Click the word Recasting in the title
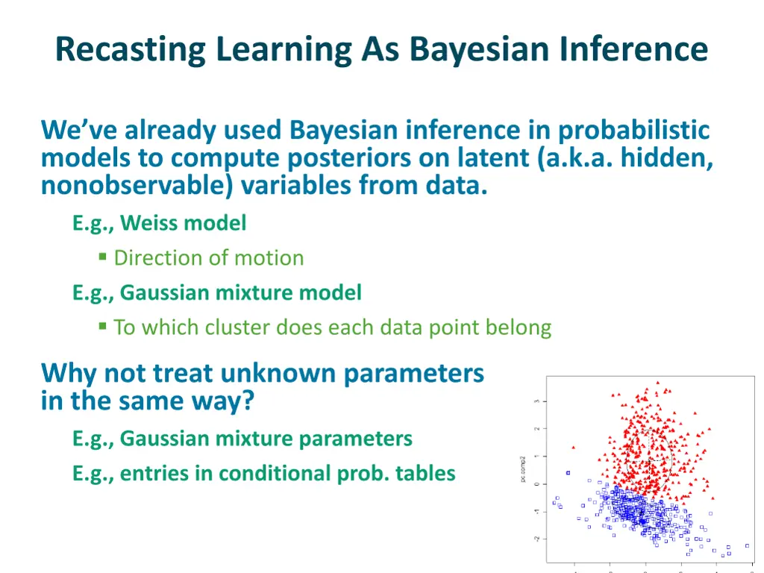131,50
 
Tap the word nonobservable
136,185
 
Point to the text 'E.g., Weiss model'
159,222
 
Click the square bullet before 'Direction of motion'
103,257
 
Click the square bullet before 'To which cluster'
103,327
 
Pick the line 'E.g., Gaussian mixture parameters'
242,438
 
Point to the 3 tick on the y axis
537,401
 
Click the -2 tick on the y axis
536,538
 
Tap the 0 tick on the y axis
537,483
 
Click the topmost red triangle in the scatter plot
657,383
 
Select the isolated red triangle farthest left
573,447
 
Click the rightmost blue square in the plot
748,545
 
